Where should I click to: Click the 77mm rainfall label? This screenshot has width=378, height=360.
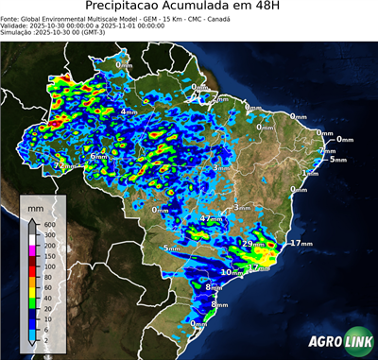tap(62, 165)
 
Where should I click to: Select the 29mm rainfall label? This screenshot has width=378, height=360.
tap(253, 244)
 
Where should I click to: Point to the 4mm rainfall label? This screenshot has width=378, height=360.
tap(129, 111)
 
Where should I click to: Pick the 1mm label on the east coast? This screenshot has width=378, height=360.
tap(309, 173)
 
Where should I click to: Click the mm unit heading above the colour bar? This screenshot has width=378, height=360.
tap(35, 206)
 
